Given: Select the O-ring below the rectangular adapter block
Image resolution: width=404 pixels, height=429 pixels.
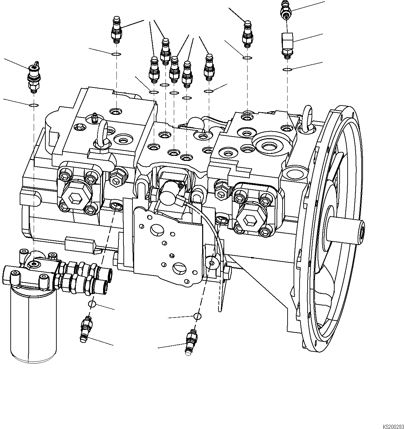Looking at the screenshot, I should coord(287,69).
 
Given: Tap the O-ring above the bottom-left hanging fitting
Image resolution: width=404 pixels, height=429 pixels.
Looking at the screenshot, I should coord(92,304).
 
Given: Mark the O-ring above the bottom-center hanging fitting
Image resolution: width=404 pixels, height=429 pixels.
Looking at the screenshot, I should coord(197,316).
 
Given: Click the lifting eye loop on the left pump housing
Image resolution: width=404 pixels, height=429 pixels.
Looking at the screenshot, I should coord(102,134).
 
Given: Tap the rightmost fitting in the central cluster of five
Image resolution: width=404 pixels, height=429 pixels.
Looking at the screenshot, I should coord(209,67).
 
